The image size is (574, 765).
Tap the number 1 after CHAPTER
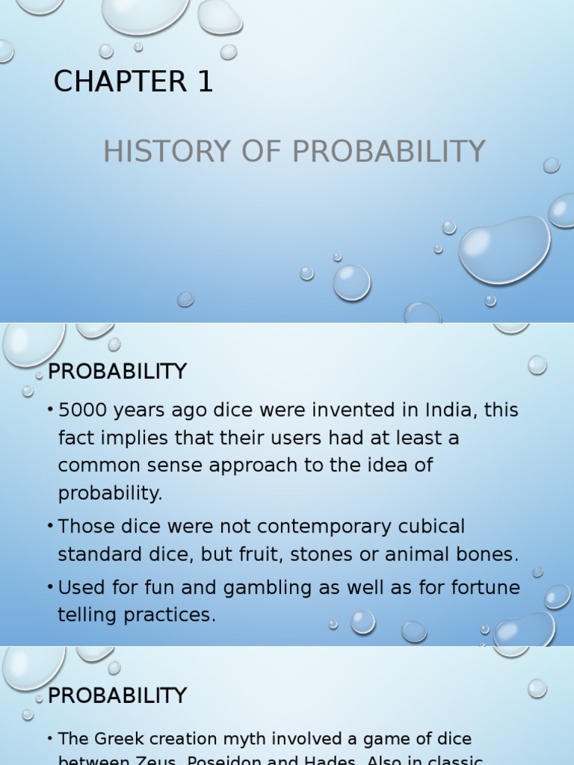point(206,82)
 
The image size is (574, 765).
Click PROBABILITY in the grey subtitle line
point(389,152)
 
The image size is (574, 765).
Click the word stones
point(329,555)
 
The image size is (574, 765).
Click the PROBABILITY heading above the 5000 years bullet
point(117,371)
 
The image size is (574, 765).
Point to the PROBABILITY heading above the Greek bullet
point(117,696)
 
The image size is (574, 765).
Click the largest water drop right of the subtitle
point(504,250)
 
